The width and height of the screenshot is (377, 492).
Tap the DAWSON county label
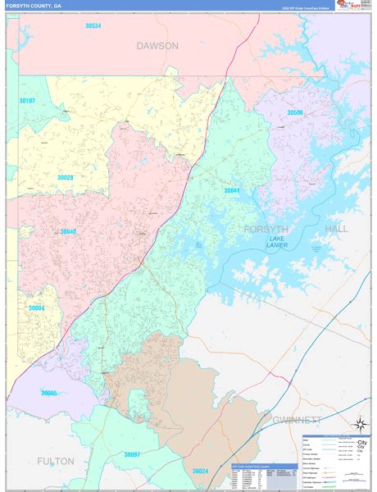click(x=157, y=46)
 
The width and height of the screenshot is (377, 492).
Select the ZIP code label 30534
click(x=93, y=26)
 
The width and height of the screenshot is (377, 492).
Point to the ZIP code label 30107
click(x=27, y=101)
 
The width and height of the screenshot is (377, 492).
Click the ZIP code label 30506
click(x=295, y=112)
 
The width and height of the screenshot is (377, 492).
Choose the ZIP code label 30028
click(x=66, y=177)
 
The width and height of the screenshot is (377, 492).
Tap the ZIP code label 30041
click(x=232, y=190)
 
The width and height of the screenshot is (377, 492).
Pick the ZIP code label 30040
click(x=68, y=231)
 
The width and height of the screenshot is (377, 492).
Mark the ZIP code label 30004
click(x=36, y=308)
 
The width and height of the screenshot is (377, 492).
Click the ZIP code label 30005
click(x=49, y=393)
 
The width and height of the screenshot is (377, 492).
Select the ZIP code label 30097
click(x=132, y=453)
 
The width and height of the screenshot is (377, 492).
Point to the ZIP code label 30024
click(x=201, y=471)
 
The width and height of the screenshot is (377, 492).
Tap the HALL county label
click(x=337, y=229)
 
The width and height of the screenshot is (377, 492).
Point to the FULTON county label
click(x=55, y=461)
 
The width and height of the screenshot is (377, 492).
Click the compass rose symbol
click(x=357, y=424)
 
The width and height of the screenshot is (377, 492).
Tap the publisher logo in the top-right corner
click(x=356, y=7)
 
